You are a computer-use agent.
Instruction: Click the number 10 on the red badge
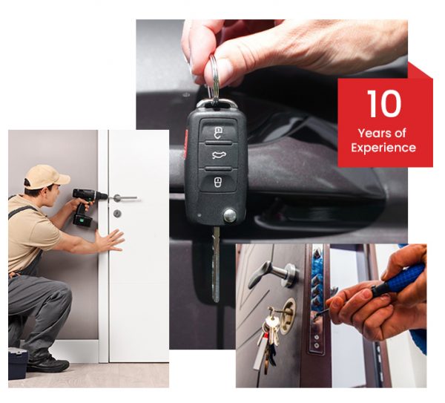point(383,104)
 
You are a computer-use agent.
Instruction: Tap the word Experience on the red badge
point(383,148)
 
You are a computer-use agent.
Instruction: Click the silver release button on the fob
point(230,215)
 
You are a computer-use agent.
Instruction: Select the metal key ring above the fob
point(214,78)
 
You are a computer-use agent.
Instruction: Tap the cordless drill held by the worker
point(87,203)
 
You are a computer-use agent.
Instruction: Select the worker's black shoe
point(49,364)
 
